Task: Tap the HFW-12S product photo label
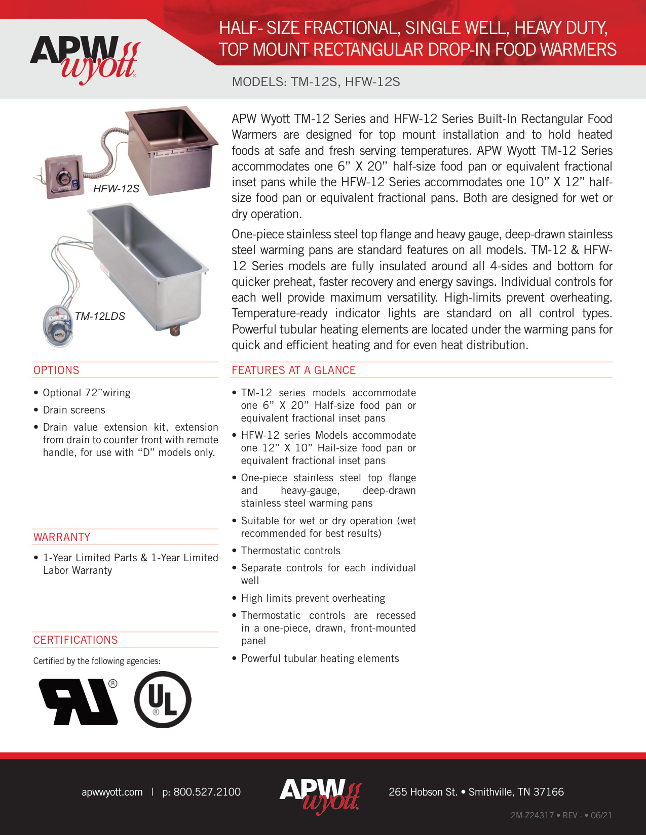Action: click(116, 189)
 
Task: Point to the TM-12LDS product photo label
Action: click(100, 316)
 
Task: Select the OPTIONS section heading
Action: click(56, 370)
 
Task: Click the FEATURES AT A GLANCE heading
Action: click(293, 370)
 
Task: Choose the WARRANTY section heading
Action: click(62, 537)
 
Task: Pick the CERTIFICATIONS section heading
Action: click(75, 640)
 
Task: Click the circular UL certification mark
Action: click(163, 700)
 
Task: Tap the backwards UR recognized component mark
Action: click(79, 701)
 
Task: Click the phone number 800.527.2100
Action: click(201, 792)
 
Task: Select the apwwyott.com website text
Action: click(112, 792)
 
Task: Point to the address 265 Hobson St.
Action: click(423, 792)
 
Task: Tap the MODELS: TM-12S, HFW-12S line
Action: click(316, 82)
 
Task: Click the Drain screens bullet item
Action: click(74, 410)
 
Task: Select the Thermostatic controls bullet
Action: click(290, 551)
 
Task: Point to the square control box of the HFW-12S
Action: click(63, 177)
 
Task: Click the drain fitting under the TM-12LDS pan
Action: click(175, 330)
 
